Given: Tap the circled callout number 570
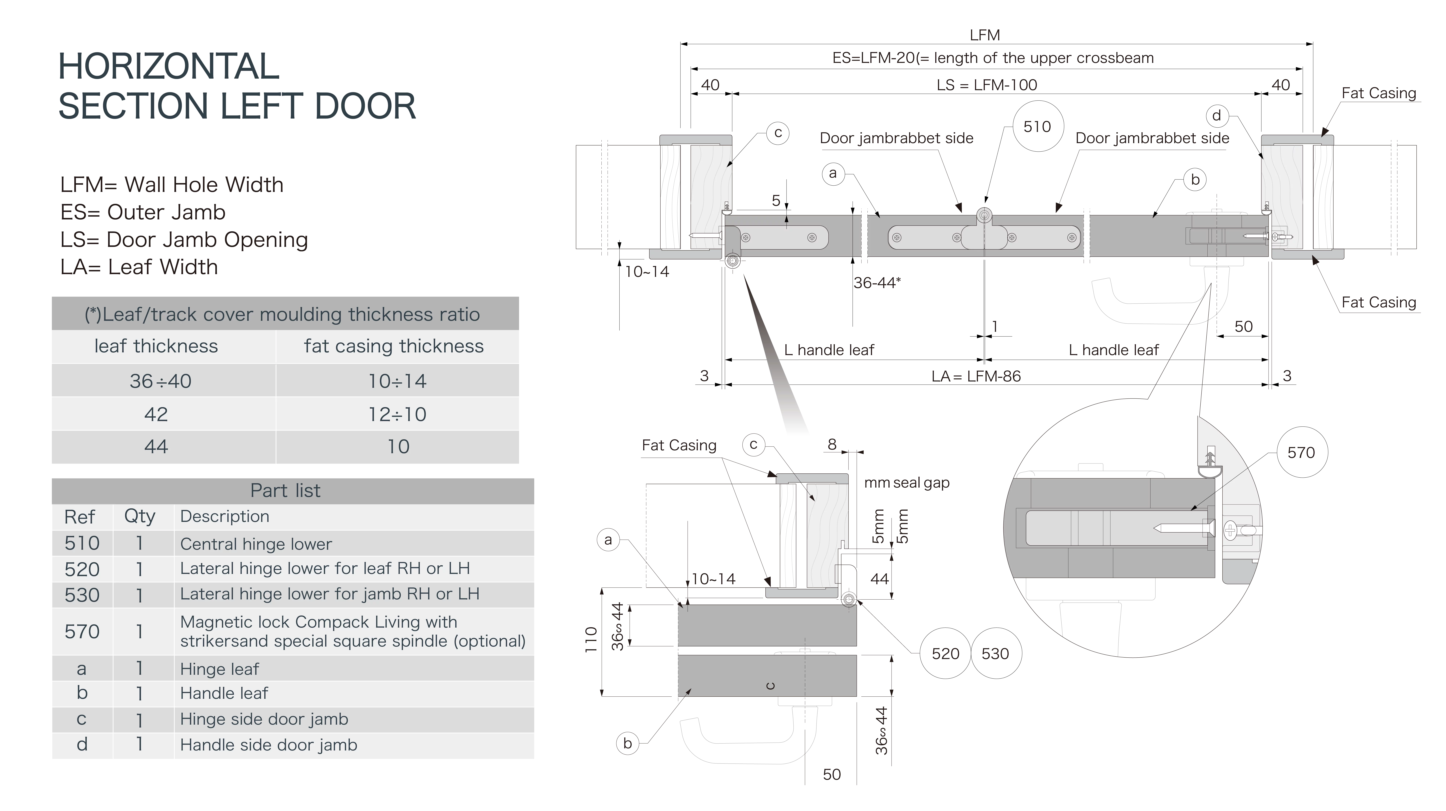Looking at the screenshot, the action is coord(1301,452).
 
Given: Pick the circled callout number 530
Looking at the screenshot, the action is coord(995,653).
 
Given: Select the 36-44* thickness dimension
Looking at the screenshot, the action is coord(877,282).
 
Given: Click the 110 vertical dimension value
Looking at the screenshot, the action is coord(590,639).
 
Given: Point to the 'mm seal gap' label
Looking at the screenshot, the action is coord(907,483).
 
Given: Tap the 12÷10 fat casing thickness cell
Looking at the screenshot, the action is coord(397,414).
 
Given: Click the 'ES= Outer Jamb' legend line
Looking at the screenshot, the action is coord(143,212).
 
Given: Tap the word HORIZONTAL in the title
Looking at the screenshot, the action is coord(168,66).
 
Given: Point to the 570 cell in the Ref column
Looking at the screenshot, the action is coord(82,631).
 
